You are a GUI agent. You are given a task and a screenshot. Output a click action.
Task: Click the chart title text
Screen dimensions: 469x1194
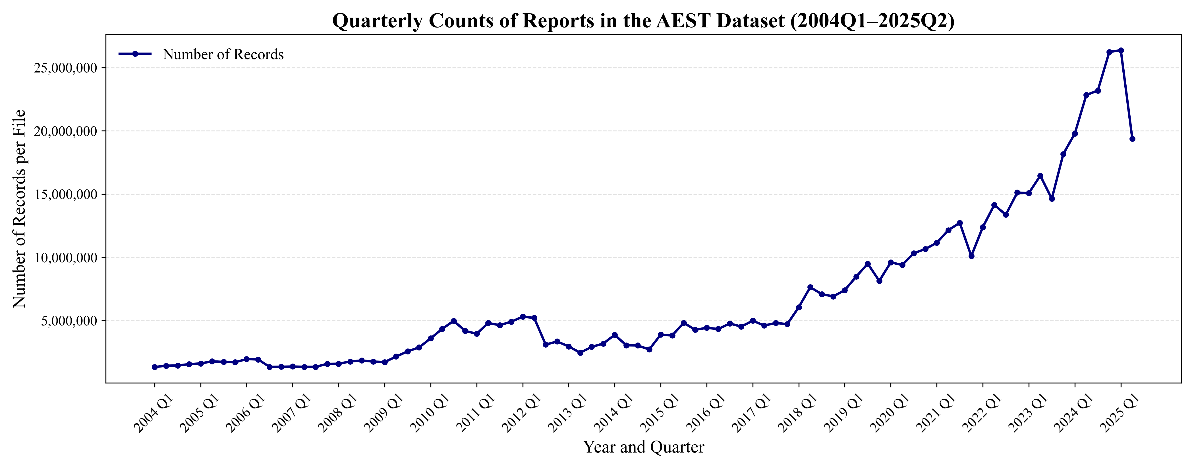click(643, 21)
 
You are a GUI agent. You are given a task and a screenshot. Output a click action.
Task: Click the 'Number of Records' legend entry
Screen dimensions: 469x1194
click(223, 55)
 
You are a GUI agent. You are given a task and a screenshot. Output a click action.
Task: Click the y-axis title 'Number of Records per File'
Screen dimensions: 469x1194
click(19, 209)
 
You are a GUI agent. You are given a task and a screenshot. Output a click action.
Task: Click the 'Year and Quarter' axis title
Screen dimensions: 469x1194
click(643, 447)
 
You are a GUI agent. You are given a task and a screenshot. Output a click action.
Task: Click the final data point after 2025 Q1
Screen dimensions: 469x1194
click(1132, 139)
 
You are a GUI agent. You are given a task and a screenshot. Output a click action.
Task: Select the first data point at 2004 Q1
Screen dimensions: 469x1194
click(155, 367)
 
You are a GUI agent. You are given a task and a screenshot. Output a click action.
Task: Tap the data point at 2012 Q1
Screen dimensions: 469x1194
click(523, 317)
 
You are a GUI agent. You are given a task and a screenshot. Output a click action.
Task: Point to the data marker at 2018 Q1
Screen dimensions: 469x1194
click(799, 307)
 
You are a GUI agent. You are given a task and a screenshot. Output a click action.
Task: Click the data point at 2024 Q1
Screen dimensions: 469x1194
click(1075, 134)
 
